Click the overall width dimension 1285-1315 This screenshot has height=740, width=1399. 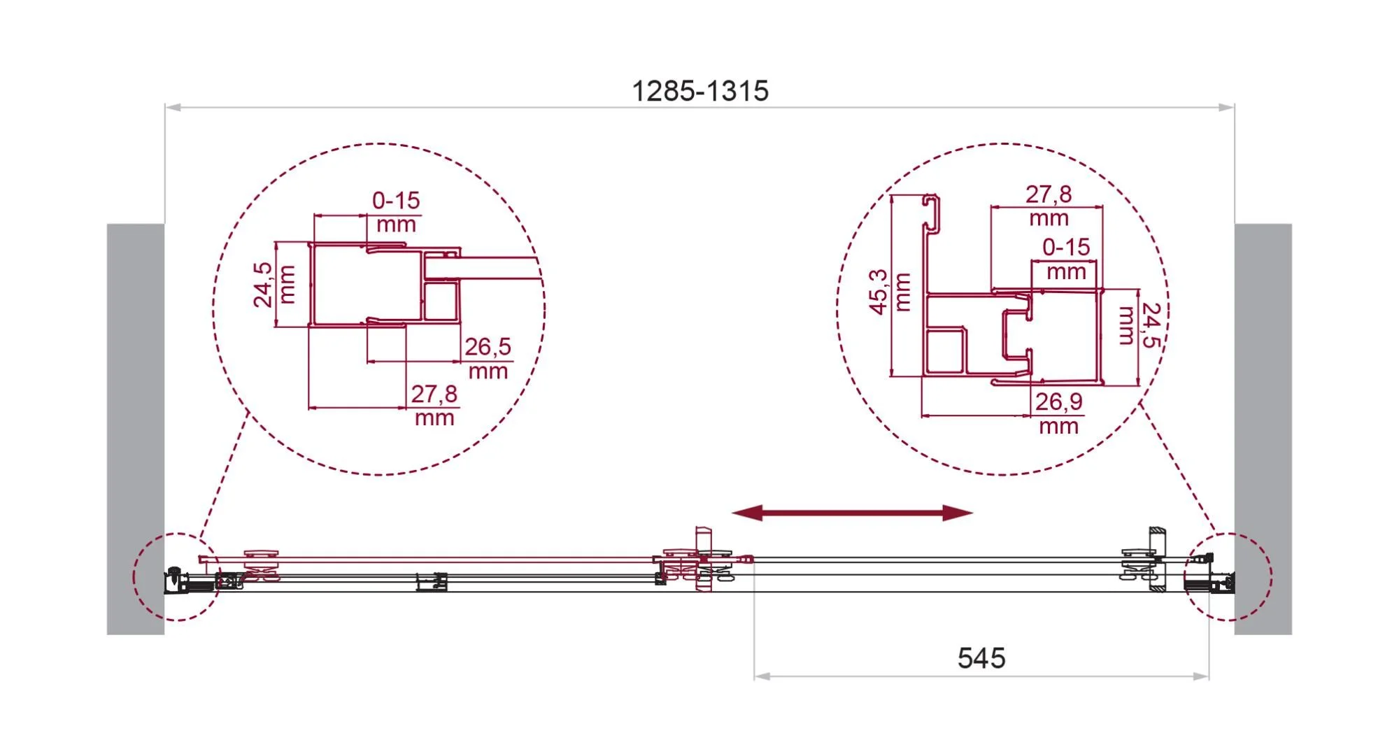700,91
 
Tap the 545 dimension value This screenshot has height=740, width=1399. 981,658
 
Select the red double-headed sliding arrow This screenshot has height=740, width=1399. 852,513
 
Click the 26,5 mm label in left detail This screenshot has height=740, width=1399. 488,357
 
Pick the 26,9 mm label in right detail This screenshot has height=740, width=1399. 1058,413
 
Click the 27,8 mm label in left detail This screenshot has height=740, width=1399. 434,405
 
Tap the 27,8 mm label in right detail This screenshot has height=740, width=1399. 1049,205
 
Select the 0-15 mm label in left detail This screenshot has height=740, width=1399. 396,212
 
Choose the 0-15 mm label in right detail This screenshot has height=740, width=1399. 1066,259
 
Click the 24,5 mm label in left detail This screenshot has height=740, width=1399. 274,285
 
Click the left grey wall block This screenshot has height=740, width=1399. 136,429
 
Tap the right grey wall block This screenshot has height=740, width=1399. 1263,429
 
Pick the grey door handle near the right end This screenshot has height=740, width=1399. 1158,559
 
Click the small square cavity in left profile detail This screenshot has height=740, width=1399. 441,301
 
